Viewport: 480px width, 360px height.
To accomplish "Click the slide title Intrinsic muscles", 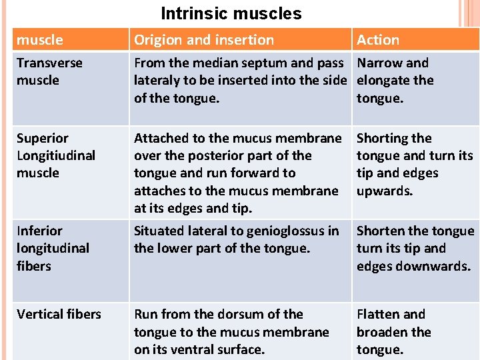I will click(231, 13).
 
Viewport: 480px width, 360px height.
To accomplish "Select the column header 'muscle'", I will click(40, 40).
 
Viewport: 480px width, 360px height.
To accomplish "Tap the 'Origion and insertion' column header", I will click(203, 40).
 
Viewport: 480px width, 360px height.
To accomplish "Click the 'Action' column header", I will click(378, 40).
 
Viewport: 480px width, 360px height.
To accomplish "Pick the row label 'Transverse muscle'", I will click(49, 71).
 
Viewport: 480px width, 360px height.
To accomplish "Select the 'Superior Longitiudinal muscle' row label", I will click(55, 155).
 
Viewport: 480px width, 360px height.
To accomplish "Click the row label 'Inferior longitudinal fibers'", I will click(53, 248).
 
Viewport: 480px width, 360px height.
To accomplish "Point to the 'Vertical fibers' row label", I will click(59, 314).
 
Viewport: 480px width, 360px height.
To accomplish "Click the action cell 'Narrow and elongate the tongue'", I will click(395, 80).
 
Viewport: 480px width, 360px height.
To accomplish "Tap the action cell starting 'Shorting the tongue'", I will click(414, 164).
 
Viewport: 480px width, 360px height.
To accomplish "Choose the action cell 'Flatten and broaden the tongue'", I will click(393, 331).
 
